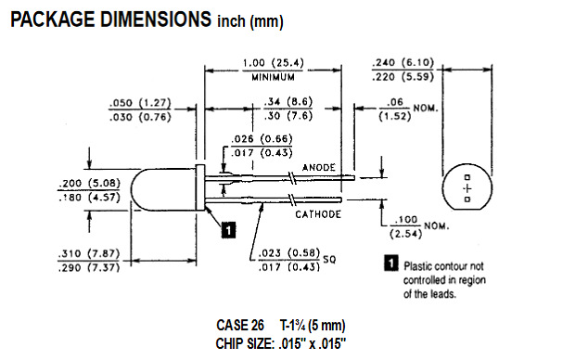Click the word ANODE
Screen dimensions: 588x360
tap(319, 167)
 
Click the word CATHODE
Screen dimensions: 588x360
tap(318, 214)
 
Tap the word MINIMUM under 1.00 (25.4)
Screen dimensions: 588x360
tap(273, 78)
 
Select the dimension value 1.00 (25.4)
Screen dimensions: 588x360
tap(273, 62)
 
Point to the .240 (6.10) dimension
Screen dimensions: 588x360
tap(403, 62)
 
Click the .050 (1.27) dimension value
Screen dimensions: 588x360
tap(140, 103)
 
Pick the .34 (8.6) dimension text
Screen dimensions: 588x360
tap(288, 102)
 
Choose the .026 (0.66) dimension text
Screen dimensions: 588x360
tap(262, 139)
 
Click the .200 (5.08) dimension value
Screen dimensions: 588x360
tap(89, 184)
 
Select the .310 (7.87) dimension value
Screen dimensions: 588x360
tap(89, 254)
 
